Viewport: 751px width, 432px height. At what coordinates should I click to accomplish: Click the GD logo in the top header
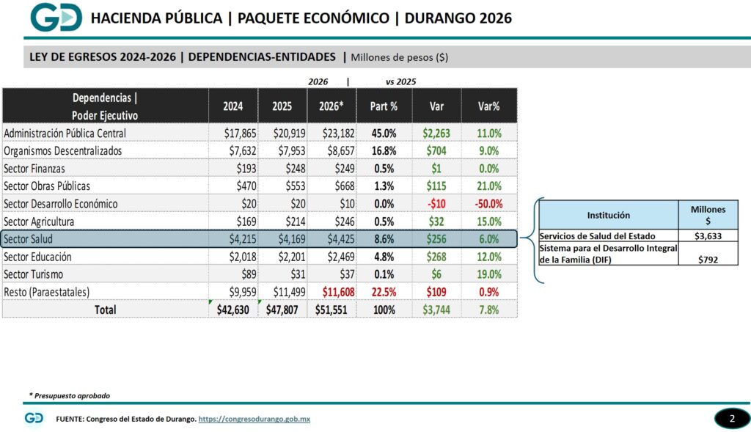pos(56,18)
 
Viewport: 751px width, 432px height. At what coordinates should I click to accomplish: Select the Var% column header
pos(488,106)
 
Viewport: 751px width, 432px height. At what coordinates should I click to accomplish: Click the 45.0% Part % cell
pos(384,133)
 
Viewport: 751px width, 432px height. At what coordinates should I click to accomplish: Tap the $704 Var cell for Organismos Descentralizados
pos(436,151)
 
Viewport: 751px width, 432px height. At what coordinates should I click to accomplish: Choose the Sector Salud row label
pos(29,239)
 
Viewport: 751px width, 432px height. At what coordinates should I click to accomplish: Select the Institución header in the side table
pos(608,215)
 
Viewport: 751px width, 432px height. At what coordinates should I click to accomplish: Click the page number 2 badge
pos(731,419)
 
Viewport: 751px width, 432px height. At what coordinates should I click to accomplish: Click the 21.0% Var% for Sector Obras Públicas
pos(488,186)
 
